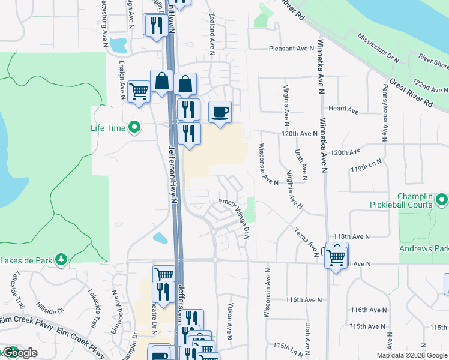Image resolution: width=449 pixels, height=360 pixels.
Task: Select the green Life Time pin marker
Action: (135, 127)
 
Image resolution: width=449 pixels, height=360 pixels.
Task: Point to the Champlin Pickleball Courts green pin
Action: (442, 199)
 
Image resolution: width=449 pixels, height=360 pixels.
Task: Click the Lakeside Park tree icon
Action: (61, 259)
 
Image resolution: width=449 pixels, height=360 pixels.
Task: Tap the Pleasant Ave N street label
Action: (292, 49)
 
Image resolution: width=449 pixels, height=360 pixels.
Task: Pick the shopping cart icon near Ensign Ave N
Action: (139, 92)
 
